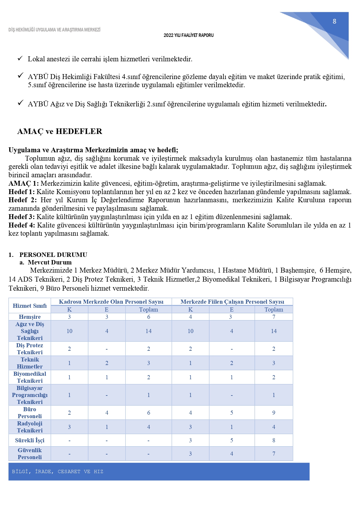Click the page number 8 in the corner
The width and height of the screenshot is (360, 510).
pos(334,21)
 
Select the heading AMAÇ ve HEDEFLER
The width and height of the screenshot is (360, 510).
pos(60,131)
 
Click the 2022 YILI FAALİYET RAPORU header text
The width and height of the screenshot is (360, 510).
pos(188,35)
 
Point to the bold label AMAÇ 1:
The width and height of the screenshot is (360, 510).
pos(24,183)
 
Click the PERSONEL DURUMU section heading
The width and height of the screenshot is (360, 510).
pos(53,255)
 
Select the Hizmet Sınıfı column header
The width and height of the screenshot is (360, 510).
pos(30,306)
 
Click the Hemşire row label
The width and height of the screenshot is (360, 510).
pos(30,317)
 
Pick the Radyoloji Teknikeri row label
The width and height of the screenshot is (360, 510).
pos(30,427)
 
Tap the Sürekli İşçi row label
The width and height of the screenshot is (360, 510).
pos(30,440)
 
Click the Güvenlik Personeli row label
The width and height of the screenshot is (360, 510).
pos(30,454)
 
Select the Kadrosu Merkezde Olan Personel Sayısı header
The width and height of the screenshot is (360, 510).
pos(111,302)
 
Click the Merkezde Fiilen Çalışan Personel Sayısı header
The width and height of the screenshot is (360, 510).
pos(232,302)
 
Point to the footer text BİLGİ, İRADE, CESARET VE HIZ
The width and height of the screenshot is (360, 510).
pos(57,471)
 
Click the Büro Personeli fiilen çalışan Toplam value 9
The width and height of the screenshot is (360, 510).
pos(273,413)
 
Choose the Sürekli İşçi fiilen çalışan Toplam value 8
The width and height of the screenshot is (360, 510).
pos(273,440)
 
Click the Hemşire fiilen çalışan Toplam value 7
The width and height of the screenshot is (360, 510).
pos(273,317)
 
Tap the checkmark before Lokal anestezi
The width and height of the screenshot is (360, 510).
pos(20,58)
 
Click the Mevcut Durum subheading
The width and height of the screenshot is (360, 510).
pos(50,262)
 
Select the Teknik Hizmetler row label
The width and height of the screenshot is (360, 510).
pos(30,363)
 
